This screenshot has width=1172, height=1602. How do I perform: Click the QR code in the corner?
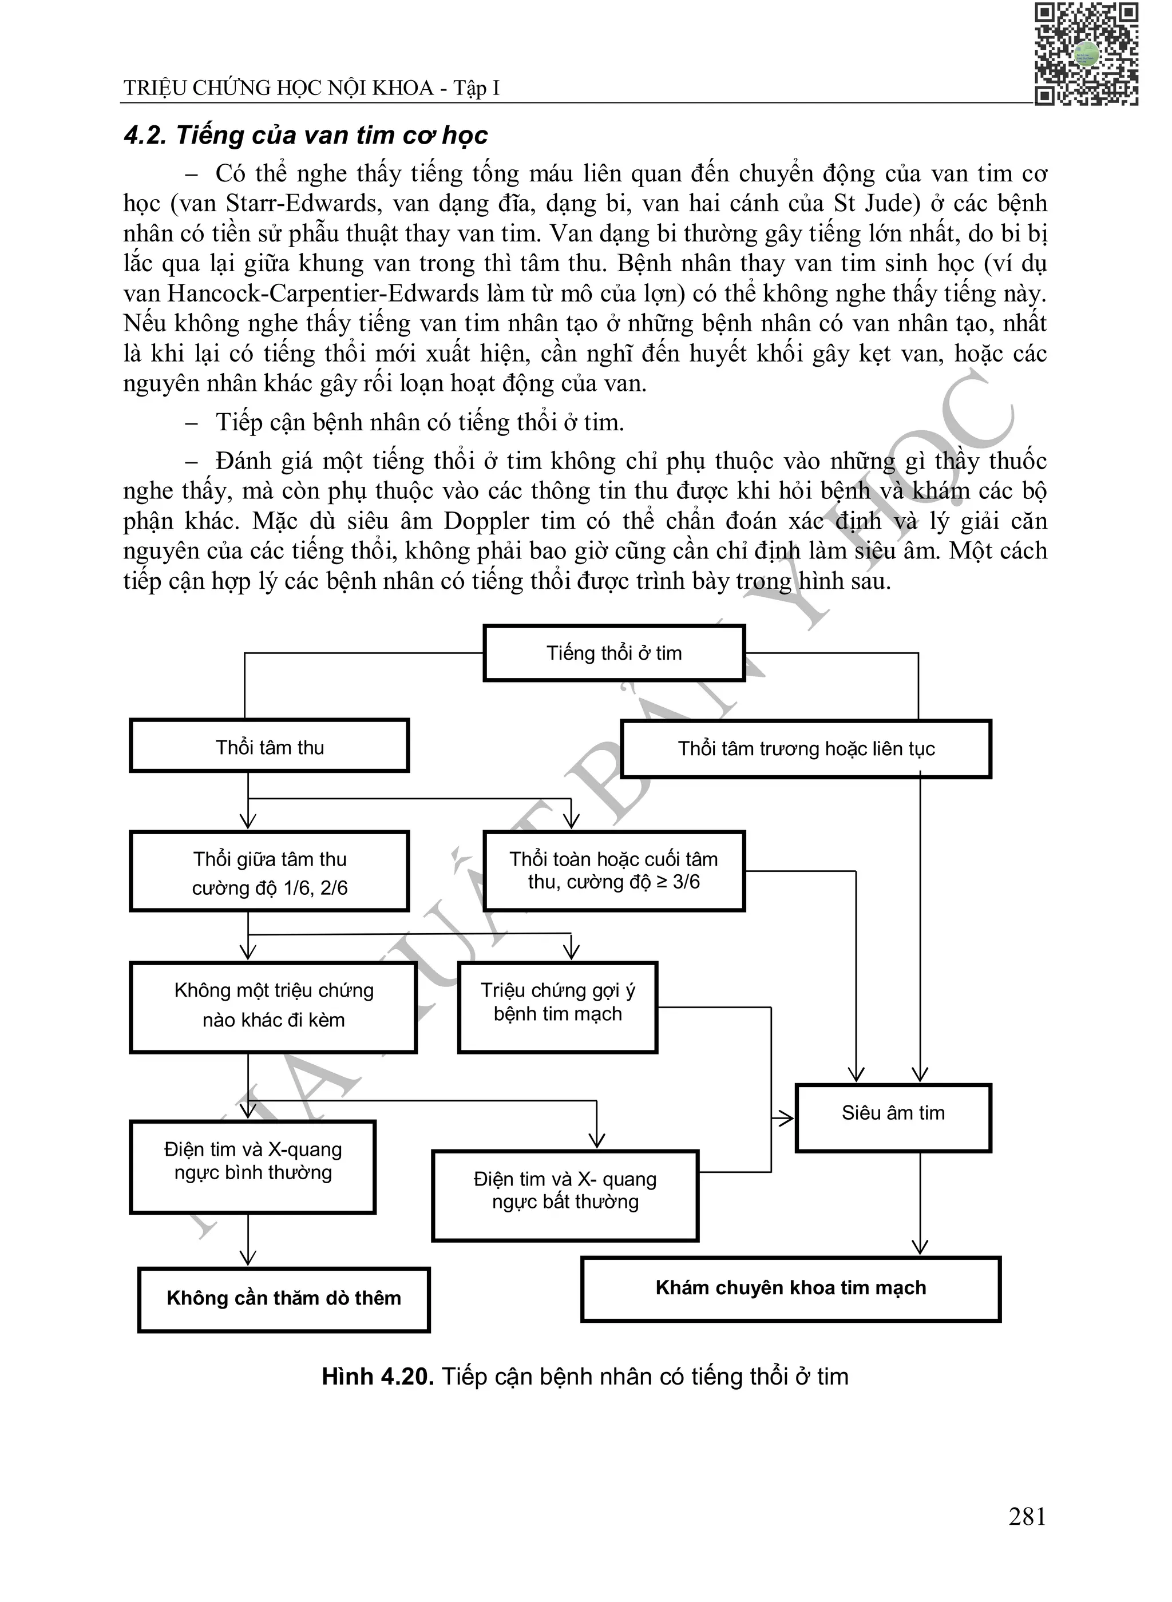coord(1086,54)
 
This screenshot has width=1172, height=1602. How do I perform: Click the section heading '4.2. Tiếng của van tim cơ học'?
coord(306,135)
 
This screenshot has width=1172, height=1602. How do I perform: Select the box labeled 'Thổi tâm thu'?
coord(270,746)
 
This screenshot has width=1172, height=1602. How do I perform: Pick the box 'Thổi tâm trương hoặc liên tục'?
coord(806,749)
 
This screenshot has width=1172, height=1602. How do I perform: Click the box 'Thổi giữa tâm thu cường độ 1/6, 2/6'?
coord(270,871)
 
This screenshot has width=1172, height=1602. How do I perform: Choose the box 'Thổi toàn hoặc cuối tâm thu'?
coord(613,871)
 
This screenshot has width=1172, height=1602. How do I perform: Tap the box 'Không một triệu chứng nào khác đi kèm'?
coord(273,1006)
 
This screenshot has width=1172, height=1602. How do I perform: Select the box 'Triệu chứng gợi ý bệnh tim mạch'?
coord(557,1006)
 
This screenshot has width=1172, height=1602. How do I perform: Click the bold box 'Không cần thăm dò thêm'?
coord(284,1298)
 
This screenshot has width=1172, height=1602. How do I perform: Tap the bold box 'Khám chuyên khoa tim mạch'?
coord(790,1288)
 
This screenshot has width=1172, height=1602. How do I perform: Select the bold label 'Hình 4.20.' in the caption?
coord(378,1376)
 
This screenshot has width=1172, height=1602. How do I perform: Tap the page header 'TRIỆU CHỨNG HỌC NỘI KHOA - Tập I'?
coord(311,88)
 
